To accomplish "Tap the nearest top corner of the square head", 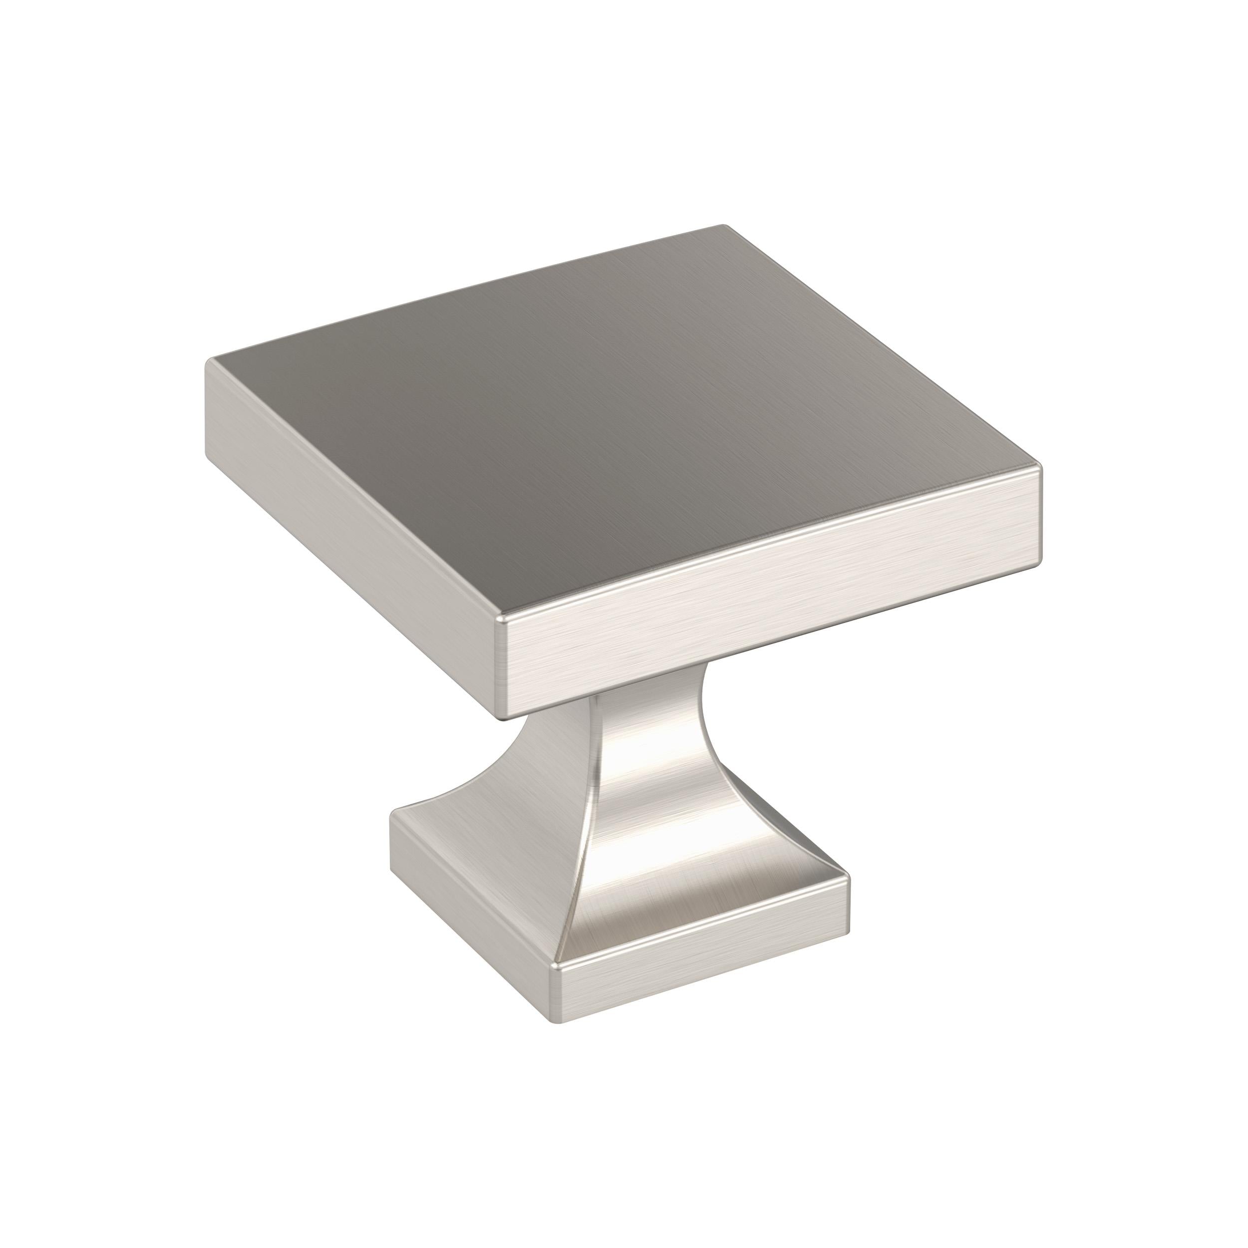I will coord(501,619).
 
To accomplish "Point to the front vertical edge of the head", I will coord(502,668).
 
